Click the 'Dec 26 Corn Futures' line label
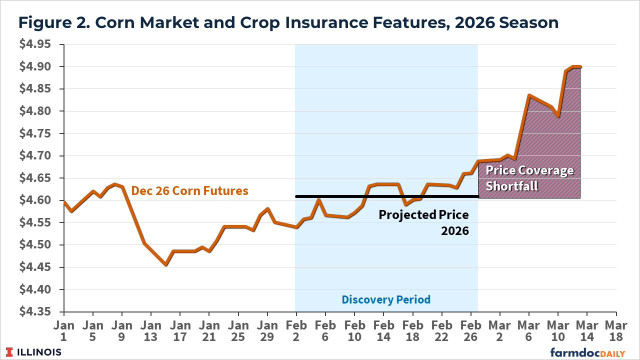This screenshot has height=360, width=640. (x=189, y=190)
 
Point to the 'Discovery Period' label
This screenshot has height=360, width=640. (x=386, y=299)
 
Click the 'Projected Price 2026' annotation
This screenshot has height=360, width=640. (x=423, y=222)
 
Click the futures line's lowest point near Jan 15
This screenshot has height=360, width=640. (x=165, y=264)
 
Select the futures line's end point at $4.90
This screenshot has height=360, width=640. (x=580, y=66)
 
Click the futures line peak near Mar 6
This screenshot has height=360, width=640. (x=529, y=95)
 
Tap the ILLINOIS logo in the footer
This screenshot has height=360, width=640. (x=34, y=352)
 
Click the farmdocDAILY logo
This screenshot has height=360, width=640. (x=587, y=352)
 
